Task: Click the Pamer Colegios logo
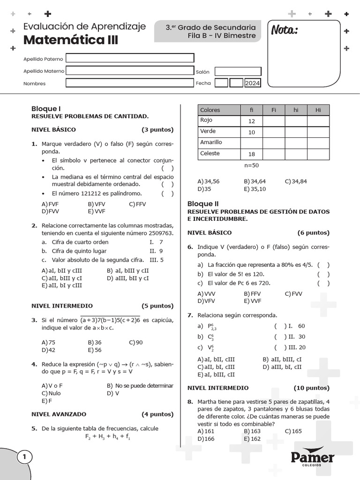pos(313,458)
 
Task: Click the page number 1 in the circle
pos(24,457)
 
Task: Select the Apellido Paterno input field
pos(130,58)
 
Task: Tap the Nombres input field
pos(130,83)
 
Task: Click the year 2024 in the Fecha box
pos(252,83)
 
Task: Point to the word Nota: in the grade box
pos(284,31)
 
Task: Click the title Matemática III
pos(71,40)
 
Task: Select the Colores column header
pos(210,110)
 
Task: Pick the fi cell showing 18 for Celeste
pos(251,154)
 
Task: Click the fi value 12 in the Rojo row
pos(251,121)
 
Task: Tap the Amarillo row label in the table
pos(211,142)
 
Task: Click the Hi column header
pos(318,110)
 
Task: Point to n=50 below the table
pos(251,165)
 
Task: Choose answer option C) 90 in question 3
pos(136,342)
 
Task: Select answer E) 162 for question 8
pos(252,439)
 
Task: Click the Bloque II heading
pos(203,204)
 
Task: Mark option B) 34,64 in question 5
pos(255,181)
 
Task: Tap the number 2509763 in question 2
pos(161,233)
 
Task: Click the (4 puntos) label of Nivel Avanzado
pos(157,414)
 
